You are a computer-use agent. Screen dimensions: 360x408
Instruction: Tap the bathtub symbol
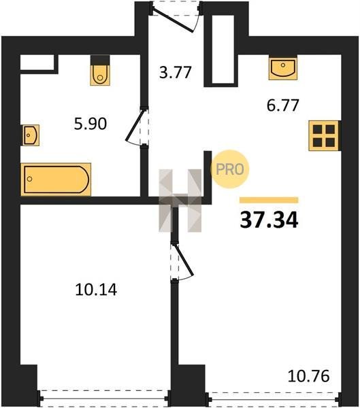point(56,180)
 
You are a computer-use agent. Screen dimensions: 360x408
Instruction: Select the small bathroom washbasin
point(31,135)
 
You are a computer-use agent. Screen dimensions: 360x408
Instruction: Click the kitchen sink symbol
point(282,68)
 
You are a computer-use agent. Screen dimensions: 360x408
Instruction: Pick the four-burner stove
point(324,135)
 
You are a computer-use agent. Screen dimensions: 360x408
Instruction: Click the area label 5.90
point(91,124)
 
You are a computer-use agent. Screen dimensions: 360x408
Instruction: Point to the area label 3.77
point(176,73)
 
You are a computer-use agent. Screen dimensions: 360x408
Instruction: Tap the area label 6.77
point(282,105)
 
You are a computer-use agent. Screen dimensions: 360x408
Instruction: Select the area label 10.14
point(96,290)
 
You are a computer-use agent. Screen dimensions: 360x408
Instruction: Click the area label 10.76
point(309,376)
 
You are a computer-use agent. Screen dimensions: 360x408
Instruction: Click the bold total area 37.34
point(269,220)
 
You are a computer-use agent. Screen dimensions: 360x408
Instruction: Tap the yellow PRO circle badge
point(230,169)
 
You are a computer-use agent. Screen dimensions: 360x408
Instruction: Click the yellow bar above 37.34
point(269,200)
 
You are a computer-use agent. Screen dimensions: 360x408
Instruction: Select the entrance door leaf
point(172,19)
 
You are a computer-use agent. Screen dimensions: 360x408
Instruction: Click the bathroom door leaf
point(135,125)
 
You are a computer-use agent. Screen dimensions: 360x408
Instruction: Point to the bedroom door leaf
point(184,260)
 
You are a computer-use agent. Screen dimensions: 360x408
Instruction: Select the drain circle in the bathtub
point(30,179)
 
